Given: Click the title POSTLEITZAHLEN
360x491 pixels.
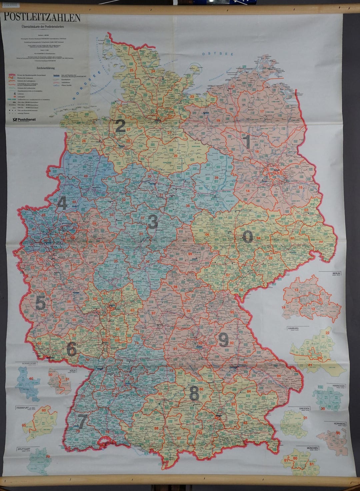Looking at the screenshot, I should (x=42, y=17).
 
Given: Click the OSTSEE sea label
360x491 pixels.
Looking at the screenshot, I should (x=213, y=54).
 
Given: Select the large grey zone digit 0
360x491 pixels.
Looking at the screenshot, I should (x=247, y=236).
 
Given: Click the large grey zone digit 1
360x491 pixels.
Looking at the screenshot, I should (x=247, y=141).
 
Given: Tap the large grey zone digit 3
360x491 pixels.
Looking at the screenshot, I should (x=153, y=222).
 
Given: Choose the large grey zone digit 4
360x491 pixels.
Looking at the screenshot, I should (x=62, y=203).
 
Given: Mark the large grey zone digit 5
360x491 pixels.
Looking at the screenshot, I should (x=40, y=303).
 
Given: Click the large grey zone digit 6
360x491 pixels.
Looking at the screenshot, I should (x=71, y=349).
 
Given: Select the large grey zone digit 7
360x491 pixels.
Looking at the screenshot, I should (x=82, y=421).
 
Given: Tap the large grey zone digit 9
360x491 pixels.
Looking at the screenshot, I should (x=223, y=340).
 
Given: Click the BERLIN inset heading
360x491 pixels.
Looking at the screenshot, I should (x=336, y=273).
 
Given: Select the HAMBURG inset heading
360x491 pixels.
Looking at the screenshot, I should (x=293, y=329).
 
